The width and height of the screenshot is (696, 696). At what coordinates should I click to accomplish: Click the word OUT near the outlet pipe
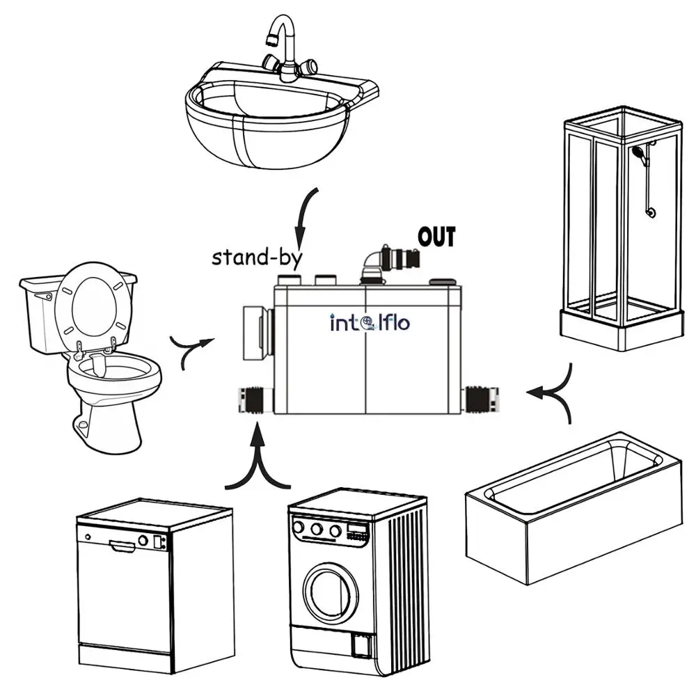[x=436, y=237]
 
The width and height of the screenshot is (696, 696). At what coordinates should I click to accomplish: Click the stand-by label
[x=257, y=257]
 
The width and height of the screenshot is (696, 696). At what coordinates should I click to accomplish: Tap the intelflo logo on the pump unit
[x=370, y=323]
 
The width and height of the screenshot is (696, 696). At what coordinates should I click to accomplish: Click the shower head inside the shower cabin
[x=637, y=152]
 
